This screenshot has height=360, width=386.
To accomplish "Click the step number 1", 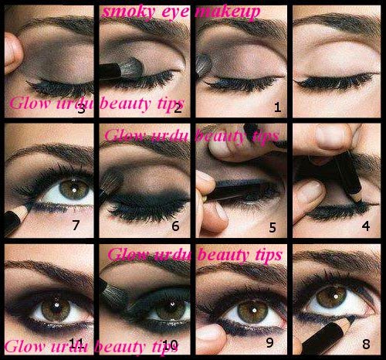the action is pyautogui.click(x=277, y=107).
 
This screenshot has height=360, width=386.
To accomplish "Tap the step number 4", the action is pyautogui.click(x=366, y=226).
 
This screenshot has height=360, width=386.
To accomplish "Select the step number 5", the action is pyautogui.click(x=273, y=228).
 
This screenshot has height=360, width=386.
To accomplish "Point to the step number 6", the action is pyautogui.click(x=175, y=226).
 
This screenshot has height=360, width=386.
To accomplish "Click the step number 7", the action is pyautogui.click(x=76, y=225).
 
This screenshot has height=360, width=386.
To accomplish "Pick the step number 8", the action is pyautogui.click(x=366, y=344).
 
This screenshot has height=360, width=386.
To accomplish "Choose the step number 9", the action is pyautogui.click(x=269, y=342).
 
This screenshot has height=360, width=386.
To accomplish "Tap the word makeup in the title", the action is pyautogui.click(x=228, y=13).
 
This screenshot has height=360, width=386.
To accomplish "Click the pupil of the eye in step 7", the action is pyautogui.click(x=74, y=190).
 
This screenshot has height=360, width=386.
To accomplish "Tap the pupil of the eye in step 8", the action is pyautogui.click(x=335, y=297).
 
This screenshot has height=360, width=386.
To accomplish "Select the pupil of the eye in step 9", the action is pyautogui.click(x=254, y=311).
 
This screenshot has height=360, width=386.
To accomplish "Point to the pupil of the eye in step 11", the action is pyautogui.click(x=56, y=306).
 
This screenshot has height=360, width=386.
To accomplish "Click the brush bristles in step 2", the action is pyautogui.click(x=130, y=68).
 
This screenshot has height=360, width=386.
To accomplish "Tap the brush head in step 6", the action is pyautogui.click(x=112, y=181).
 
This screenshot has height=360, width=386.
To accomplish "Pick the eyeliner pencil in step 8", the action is pyautogui.click(x=327, y=334).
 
